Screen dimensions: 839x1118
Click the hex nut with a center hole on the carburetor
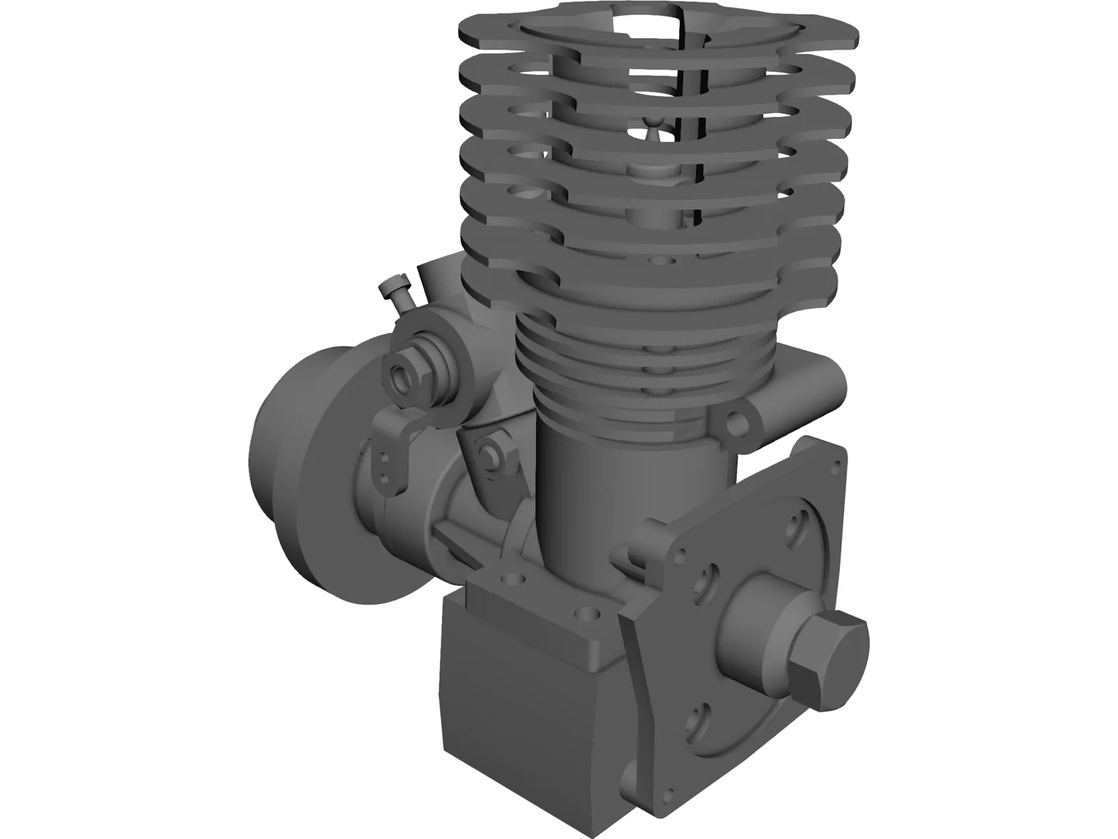click(404, 377)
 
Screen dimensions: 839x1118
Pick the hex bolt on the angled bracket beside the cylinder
click(490, 454)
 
